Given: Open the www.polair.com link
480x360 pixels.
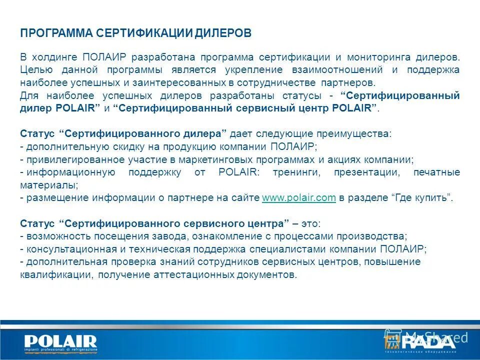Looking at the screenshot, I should click(x=298, y=198).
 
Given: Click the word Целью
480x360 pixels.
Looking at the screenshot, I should click(x=33, y=70).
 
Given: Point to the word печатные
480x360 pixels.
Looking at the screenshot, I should click(x=436, y=172).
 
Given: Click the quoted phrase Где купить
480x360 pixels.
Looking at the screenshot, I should click(x=421, y=198).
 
